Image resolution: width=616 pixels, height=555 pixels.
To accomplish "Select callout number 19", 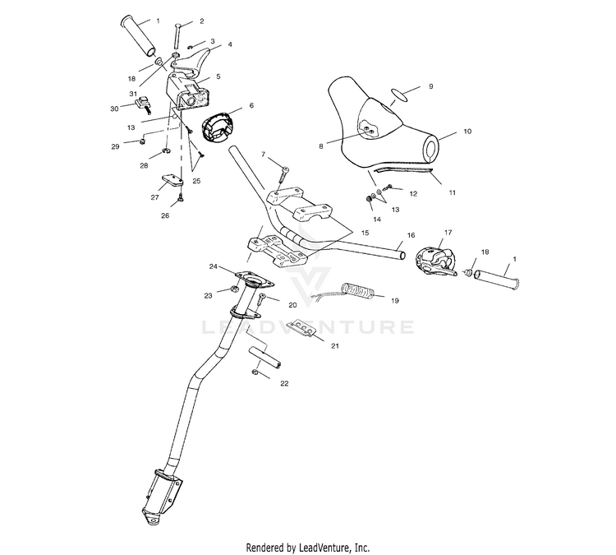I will (x=393, y=300).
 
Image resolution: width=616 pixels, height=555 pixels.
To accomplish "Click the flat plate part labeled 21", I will (x=301, y=329).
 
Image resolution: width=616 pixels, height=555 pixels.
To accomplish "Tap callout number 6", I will (x=251, y=105).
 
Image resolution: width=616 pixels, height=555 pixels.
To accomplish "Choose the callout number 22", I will (x=284, y=383).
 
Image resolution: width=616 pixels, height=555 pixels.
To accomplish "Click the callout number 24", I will (x=213, y=266).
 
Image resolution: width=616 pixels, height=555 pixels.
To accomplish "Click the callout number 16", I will (x=411, y=235).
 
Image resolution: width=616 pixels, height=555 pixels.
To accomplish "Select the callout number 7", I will (x=264, y=154).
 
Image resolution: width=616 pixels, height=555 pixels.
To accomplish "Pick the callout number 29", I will (x=117, y=146).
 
